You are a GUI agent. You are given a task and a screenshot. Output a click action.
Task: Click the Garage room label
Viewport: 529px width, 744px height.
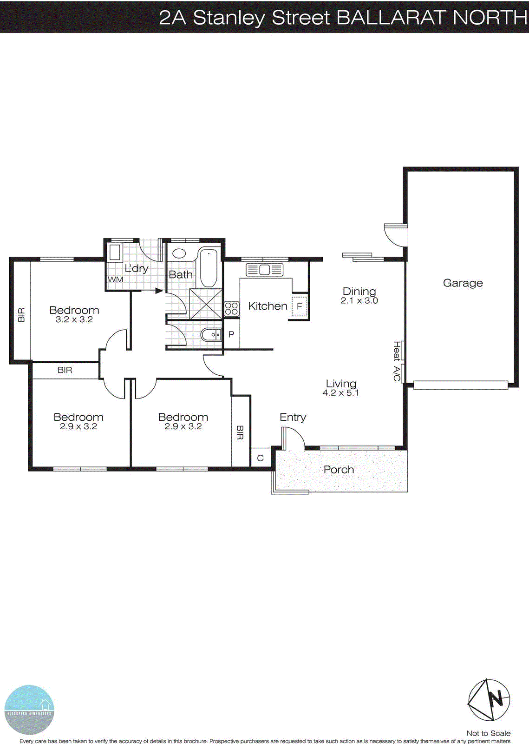pos(463,283)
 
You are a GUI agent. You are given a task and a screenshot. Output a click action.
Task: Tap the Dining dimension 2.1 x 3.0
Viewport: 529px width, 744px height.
pos(359,301)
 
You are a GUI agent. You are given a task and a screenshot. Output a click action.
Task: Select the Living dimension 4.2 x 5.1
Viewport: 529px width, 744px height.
pos(340,393)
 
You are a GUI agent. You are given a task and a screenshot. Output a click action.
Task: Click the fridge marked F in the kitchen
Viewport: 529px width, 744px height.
pos(300,306)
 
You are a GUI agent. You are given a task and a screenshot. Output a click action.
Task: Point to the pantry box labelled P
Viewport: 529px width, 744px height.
pos(231,334)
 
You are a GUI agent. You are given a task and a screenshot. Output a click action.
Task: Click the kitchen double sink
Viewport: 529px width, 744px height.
pos(264,270)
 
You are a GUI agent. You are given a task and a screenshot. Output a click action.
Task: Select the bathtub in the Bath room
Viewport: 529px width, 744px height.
pos(208,268)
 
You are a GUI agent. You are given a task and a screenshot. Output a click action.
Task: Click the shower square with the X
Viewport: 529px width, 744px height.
pos(206,303)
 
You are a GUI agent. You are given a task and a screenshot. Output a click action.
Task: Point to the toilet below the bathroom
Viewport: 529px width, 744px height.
pos(211,334)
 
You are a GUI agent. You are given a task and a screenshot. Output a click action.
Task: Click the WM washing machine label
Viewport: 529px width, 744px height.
pos(115,279)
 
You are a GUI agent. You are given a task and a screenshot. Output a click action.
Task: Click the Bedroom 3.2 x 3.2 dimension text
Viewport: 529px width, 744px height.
pos(74,320)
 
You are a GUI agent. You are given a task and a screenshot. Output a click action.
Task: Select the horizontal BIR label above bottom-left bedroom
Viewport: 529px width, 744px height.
pos(65,370)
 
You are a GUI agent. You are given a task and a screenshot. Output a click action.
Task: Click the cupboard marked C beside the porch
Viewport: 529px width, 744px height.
pos(260,458)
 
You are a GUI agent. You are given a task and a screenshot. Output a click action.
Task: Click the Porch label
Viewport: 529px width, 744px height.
pos(339,470)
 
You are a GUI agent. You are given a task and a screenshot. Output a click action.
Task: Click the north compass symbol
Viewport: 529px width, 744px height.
pos(489,699)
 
